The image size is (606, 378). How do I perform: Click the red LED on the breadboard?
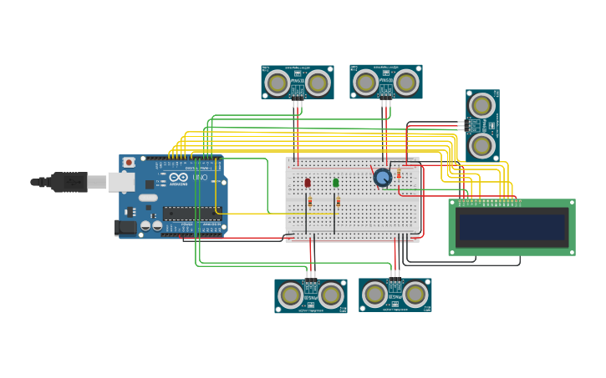[x=308, y=183]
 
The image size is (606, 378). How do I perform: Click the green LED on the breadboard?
[x=335, y=183]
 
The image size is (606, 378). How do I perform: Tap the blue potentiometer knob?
[x=383, y=177]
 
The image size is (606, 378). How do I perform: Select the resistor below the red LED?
[x=310, y=201]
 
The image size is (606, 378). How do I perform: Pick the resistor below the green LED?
[x=338, y=201]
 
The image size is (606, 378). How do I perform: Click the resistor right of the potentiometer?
[x=398, y=174]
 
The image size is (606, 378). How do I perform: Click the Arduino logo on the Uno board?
[x=178, y=178]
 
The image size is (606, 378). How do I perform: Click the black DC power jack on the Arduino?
[x=125, y=226]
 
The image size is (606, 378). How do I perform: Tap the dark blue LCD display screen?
[x=512, y=227]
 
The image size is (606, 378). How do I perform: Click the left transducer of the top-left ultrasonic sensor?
[x=278, y=83]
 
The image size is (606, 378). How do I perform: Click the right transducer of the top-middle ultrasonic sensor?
[x=406, y=82]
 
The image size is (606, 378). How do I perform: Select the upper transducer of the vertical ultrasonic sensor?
[x=481, y=105]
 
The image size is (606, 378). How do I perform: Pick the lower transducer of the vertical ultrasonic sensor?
[x=481, y=145]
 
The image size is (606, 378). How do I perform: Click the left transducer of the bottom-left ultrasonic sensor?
[x=290, y=295]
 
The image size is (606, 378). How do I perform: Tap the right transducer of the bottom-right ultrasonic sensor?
[x=415, y=294]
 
